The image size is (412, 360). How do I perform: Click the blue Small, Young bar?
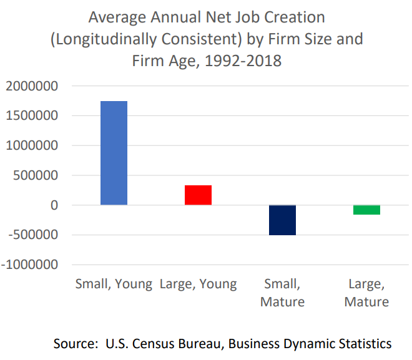point(114,153)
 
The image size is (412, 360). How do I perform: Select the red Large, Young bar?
point(198,195)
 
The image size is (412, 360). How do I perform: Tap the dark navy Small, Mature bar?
point(282,220)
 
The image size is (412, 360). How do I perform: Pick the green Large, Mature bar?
point(366,210)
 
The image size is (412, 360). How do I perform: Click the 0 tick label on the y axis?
point(55,205)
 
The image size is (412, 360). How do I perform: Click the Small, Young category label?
point(114,285)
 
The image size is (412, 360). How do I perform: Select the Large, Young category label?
point(198,285)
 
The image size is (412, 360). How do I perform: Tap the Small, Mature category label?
point(283,293)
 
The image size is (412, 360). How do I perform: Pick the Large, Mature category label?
point(366,293)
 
